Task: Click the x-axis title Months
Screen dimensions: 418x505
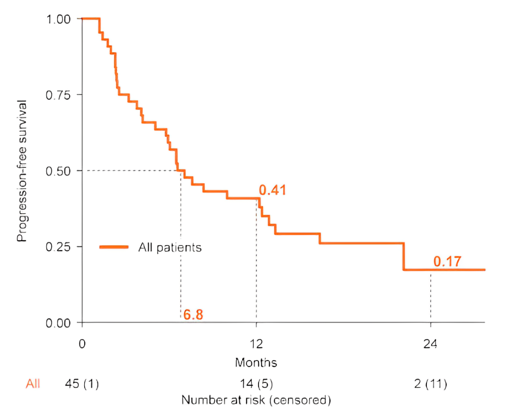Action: (256, 362)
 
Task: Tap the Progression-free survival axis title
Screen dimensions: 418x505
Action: (22, 171)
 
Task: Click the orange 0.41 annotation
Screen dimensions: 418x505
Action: (272, 190)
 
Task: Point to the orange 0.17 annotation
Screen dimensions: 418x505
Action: (447, 262)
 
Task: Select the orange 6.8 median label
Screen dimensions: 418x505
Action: (193, 315)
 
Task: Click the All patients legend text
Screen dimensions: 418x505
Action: (170, 247)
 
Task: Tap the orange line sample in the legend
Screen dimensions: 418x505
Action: (114, 247)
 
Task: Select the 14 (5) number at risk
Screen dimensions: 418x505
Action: (256, 384)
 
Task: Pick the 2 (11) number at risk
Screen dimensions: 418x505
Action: (431, 384)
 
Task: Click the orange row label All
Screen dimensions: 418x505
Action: (33, 384)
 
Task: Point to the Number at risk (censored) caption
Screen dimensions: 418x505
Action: (256, 400)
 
